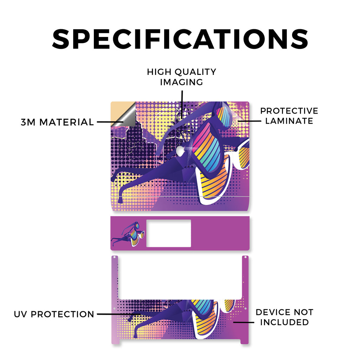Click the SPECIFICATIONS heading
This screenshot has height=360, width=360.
[180, 39]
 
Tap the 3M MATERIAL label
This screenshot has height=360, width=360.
[57, 122]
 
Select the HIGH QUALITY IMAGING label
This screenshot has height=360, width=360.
[182, 77]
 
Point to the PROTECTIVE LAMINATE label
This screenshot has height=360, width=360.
[289, 116]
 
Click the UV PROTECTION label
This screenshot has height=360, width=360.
[54, 314]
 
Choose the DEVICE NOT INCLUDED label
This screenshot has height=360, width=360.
[284, 317]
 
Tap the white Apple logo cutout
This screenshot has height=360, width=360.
[180, 150]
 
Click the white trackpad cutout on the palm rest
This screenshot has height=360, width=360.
[168, 233]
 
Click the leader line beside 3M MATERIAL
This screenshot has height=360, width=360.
[110, 122]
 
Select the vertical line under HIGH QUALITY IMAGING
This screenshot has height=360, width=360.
[182, 104]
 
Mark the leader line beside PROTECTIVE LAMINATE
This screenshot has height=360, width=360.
[250, 121]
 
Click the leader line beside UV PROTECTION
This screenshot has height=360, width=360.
[119, 314]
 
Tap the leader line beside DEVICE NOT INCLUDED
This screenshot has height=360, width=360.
[244, 322]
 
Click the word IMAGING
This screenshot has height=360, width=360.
[182, 82]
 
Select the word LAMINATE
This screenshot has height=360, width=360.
[289, 121]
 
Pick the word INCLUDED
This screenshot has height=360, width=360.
[284, 322]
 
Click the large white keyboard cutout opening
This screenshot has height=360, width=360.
[180, 277]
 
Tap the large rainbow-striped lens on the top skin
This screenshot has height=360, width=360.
[206, 148]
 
